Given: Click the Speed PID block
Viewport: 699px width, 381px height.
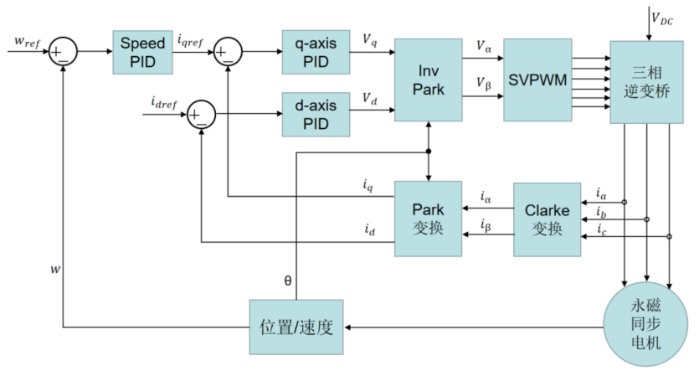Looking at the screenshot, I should coord(143,51).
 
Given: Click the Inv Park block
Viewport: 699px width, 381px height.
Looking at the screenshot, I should coord(427,80).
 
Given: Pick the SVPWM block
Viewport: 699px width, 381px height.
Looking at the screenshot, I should coord(537,80).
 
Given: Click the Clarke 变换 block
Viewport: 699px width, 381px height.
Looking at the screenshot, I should coord(546,219).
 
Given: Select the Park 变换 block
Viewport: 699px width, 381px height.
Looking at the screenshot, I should coord(428,219).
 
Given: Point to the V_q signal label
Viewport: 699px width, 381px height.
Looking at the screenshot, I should coord(368,39).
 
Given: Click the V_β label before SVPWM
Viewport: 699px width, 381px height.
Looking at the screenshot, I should coord(483,85).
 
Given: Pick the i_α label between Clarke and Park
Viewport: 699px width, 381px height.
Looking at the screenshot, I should coord(486,198).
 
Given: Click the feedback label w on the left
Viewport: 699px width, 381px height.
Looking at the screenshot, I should coord(54,270).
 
